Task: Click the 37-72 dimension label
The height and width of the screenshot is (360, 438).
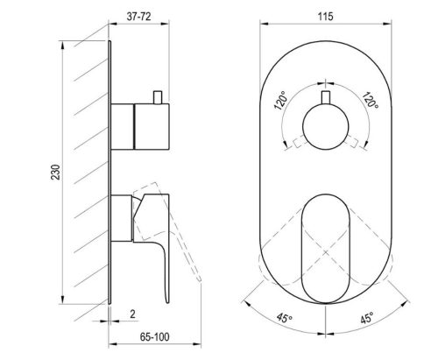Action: click(x=138, y=17)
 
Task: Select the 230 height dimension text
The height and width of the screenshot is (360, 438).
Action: click(x=56, y=173)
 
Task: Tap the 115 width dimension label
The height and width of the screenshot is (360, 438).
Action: click(x=325, y=17)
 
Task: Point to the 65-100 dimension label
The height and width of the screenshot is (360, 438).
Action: click(x=154, y=337)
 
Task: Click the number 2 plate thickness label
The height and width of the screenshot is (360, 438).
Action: click(x=132, y=314)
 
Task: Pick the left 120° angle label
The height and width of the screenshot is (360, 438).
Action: click(x=280, y=100)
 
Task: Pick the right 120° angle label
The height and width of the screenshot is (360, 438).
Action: click(x=371, y=100)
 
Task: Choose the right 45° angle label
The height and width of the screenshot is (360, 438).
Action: click(x=367, y=318)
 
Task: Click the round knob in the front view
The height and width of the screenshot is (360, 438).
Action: click(x=326, y=127)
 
